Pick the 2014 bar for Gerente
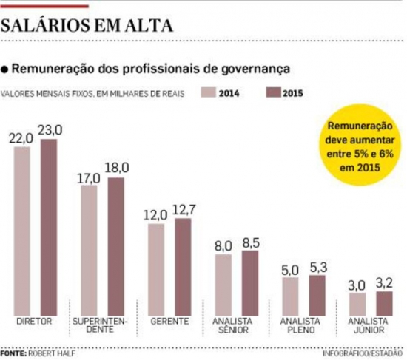click(156, 269)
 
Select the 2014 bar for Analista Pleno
click(290, 296)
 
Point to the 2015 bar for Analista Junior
click(384, 303)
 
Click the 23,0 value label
click(50, 130)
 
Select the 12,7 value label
click(184, 211)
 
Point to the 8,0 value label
click(223, 245)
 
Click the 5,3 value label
click(317, 267)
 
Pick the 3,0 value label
click(357, 285)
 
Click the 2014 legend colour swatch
click(208, 93)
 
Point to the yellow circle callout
click(361, 147)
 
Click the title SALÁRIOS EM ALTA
click(87, 27)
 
